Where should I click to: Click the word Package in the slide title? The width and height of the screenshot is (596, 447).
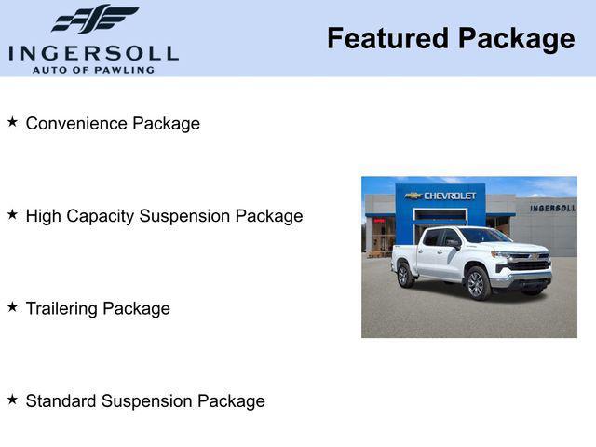pyautogui.click(x=514, y=39)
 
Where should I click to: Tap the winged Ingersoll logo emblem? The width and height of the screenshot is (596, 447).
pyautogui.click(x=94, y=20)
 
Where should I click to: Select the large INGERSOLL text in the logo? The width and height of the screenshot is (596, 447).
pyautogui.click(x=93, y=53)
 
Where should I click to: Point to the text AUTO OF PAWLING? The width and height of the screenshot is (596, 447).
pyautogui.click(x=93, y=70)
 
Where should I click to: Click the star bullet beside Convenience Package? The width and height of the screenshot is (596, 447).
pyautogui.click(x=12, y=122)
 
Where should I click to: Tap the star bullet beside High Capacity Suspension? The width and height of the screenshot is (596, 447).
pyautogui.click(x=12, y=214)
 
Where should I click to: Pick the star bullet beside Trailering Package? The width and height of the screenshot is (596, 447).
pyautogui.click(x=12, y=306)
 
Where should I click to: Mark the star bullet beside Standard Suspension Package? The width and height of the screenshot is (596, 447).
pyautogui.click(x=12, y=399)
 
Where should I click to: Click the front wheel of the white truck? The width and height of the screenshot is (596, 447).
pyautogui.click(x=478, y=282)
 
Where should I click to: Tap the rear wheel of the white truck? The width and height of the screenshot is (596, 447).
pyautogui.click(x=405, y=273)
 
